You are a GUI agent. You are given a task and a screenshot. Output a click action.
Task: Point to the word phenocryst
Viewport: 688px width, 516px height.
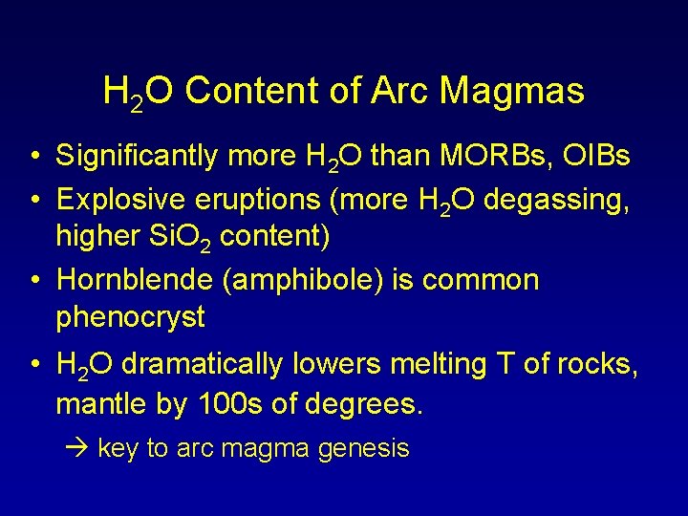point(130,317)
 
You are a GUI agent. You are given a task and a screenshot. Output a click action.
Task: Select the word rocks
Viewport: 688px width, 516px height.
point(599,364)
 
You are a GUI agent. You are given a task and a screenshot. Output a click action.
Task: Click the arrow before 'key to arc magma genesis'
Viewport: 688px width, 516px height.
point(83,448)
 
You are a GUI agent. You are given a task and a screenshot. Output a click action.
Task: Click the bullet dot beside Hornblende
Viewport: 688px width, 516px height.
point(33,281)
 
